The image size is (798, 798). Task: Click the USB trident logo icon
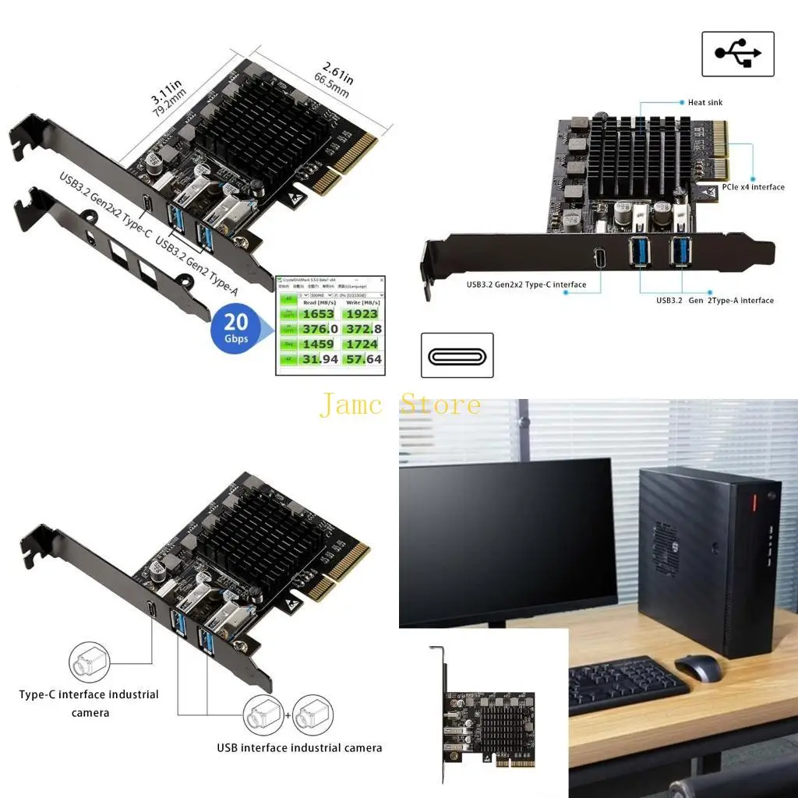coord(737,54)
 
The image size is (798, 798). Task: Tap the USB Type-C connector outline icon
coord(457,355)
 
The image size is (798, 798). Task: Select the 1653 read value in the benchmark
coord(318,314)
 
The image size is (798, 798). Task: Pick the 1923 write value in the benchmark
coord(362,314)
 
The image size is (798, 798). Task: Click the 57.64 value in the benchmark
coord(362,359)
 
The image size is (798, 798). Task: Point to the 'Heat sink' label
coord(704,102)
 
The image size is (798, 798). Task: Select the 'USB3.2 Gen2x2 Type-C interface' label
coord(526,284)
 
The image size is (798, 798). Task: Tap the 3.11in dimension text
coord(165,93)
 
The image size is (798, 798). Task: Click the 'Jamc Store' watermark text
coord(400,405)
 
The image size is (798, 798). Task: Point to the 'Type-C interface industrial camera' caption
coord(89,703)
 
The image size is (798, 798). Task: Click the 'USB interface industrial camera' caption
coord(299,747)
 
